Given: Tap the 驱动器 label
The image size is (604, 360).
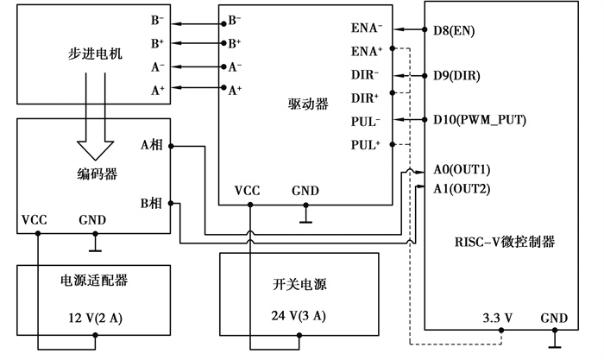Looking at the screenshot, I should point(308,104).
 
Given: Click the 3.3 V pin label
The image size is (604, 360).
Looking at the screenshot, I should point(498,318).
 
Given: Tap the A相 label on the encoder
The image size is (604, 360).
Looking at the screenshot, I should point(152,144).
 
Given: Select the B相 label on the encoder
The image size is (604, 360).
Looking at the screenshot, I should point(152,204).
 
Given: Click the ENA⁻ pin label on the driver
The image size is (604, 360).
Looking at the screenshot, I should point(366,29).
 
